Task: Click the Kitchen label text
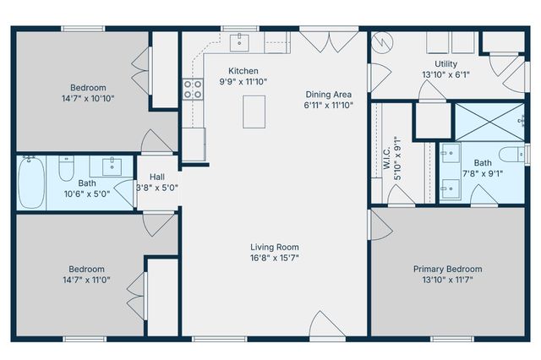click(x=243, y=71)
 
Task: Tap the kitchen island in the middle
click(x=254, y=112)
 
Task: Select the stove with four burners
click(x=193, y=90)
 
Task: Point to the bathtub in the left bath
click(x=34, y=182)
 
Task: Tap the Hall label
click(x=157, y=177)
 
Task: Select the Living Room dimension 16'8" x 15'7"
click(x=274, y=258)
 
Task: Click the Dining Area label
click(x=329, y=94)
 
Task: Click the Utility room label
click(x=445, y=64)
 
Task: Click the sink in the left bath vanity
click(x=111, y=165)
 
